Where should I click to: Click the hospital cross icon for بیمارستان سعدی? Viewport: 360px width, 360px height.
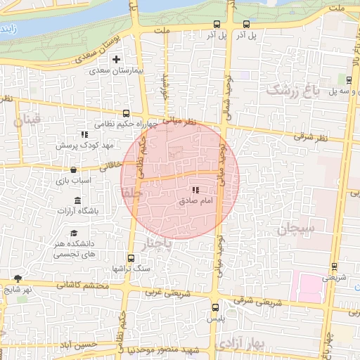tap(117, 59)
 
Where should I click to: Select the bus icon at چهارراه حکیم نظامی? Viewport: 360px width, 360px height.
tap(127, 112)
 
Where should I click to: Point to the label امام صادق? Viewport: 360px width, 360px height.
tap(195, 201)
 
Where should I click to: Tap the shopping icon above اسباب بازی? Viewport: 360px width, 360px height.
tap(73, 170)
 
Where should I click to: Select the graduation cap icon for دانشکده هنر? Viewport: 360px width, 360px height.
tap(73, 233)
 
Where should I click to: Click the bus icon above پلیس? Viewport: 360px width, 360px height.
tap(215, 307)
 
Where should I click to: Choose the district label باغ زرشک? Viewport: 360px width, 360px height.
tap(288, 89)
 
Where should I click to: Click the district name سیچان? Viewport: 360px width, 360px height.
tap(297, 229)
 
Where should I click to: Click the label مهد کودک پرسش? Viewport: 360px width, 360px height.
tap(82, 145)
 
